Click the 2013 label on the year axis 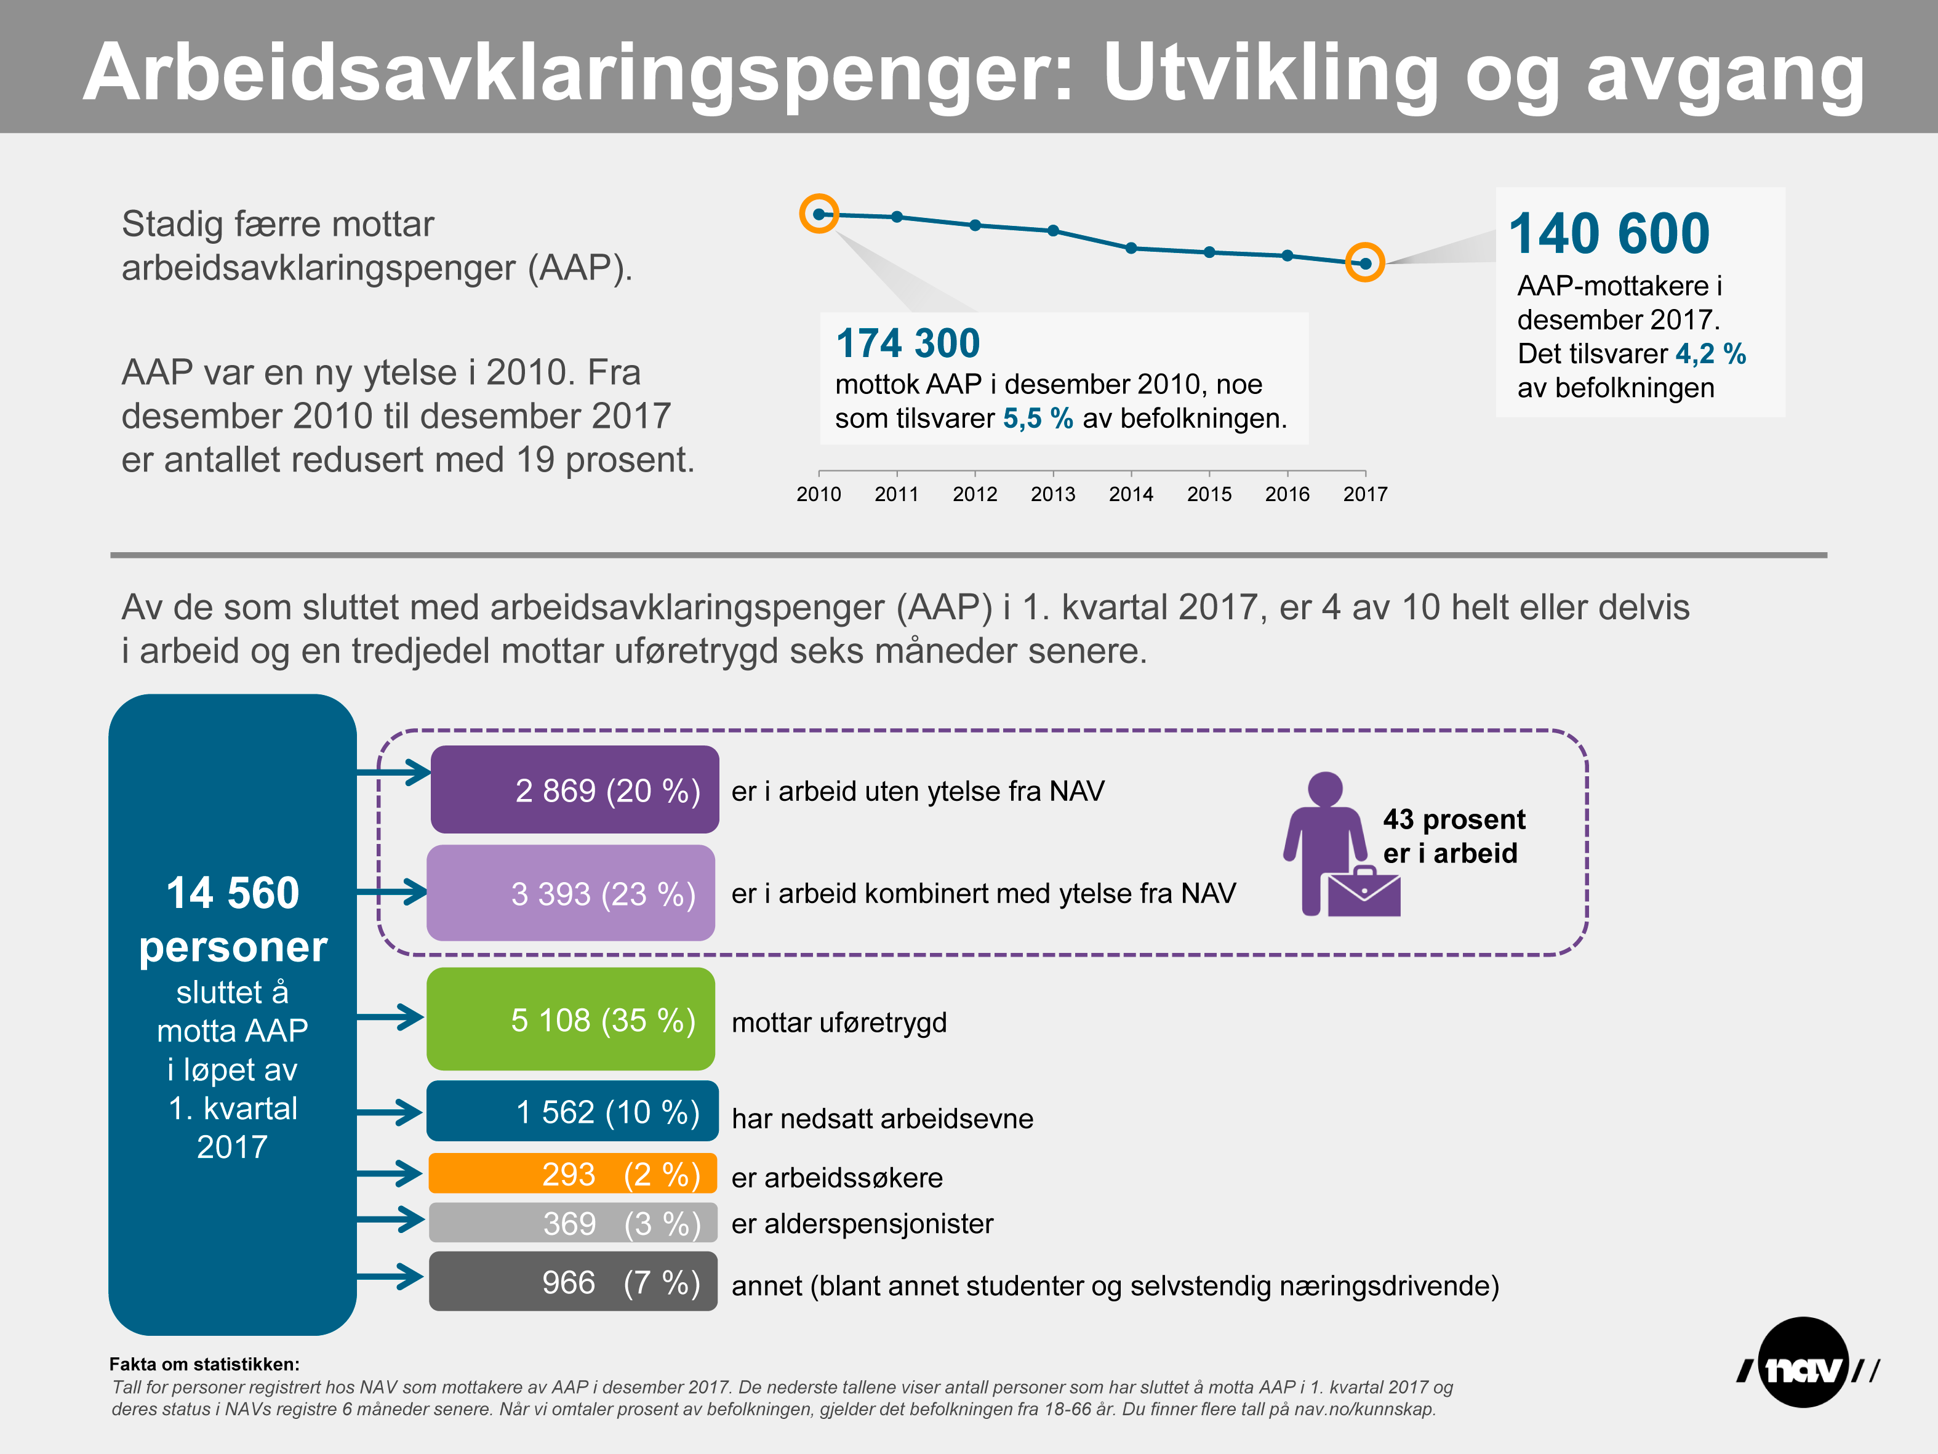point(1052,494)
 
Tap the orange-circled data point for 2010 point(819,214)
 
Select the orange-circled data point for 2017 point(1364,263)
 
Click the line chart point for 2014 point(1131,248)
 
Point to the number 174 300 point(908,343)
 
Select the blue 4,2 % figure point(1710,354)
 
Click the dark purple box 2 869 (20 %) point(575,790)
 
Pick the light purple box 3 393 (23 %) point(571,893)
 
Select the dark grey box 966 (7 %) point(573,1282)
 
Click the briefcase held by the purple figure point(1363,892)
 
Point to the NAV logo point(1804,1363)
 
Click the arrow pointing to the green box point(391,1018)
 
